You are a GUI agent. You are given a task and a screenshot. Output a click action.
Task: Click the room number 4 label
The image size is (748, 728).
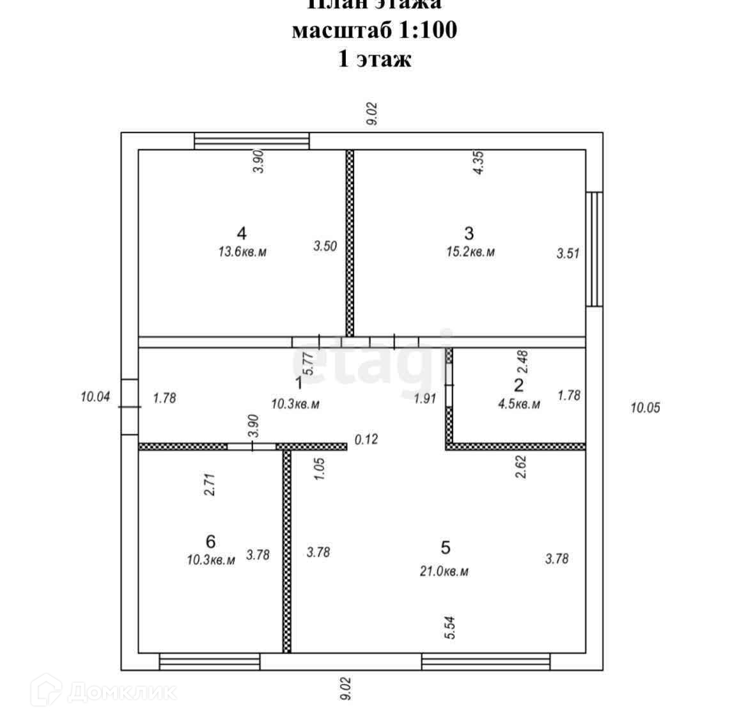pyautogui.click(x=241, y=232)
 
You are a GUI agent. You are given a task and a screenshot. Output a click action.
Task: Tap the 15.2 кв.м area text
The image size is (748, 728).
pyautogui.click(x=470, y=252)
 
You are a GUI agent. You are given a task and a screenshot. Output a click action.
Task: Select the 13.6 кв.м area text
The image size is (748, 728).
pyautogui.click(x=242, y=252)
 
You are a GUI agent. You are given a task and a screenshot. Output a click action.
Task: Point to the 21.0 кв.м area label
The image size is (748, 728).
pyautogui.click(x=444, y=571)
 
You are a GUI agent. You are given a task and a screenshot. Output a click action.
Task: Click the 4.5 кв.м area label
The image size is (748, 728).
pyautogui.click(x=518, y=404)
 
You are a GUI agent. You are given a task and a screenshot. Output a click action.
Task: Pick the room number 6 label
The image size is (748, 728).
pyautogui.click(x=211, y=541)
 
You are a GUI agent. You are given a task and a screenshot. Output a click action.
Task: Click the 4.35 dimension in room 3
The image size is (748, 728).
pyautogui.click(x=479, y=162)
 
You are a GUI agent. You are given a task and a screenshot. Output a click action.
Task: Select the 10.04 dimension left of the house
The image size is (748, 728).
pyautogui.click(x=95, y=397)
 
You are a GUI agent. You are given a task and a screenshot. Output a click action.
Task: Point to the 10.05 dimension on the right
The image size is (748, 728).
pyautogui.click(x=645, y=407)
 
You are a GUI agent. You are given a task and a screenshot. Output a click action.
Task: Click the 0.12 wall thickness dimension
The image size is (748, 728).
pyautogui.click(x=366, y=439)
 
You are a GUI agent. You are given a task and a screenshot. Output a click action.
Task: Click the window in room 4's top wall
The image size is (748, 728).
pyautogui.click(x=251, y=141)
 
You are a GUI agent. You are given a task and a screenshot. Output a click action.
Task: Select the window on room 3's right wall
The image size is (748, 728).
pyautogui.click(x=595, y=249)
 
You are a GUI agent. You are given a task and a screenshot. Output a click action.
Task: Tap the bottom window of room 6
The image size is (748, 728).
pyautogui.click(x=210, y=662)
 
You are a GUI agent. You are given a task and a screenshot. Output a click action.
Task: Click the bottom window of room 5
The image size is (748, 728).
pyautogui.click(x=486, y=662)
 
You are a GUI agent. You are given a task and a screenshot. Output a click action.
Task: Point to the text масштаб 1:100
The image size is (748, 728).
pyautogui.click(x=374, y=30)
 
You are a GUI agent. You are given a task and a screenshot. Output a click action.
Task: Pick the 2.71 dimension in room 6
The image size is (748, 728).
pyautogui.click(x=212, y=485)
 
